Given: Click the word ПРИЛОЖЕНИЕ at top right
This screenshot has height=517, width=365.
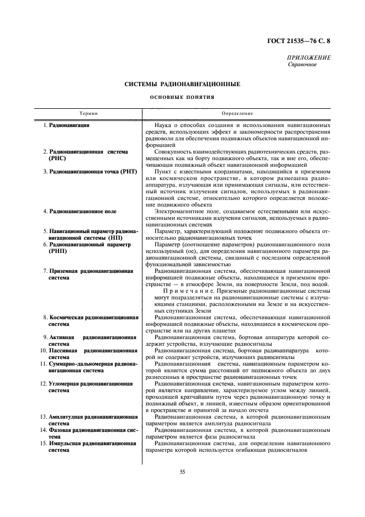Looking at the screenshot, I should pos(309,58).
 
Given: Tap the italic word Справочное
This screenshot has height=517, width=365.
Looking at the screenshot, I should pos(302,65).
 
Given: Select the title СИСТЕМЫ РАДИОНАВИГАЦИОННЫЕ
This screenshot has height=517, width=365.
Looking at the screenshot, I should pos(182,84).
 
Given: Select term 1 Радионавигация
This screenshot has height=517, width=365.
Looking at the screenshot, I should pos(70,125).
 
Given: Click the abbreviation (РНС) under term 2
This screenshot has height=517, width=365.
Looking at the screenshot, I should pos(57,158).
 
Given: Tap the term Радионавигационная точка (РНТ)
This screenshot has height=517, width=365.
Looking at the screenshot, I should pos(92,171).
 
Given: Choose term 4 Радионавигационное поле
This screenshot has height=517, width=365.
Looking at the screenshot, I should pos(83,211).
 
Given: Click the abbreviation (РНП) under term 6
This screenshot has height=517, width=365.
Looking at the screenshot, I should pos(57,251).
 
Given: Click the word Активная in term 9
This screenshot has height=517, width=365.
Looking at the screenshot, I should pos(62,337).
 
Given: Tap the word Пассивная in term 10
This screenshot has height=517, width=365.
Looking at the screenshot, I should pos(65,350).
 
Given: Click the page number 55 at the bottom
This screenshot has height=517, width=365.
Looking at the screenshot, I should pos(182,471).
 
